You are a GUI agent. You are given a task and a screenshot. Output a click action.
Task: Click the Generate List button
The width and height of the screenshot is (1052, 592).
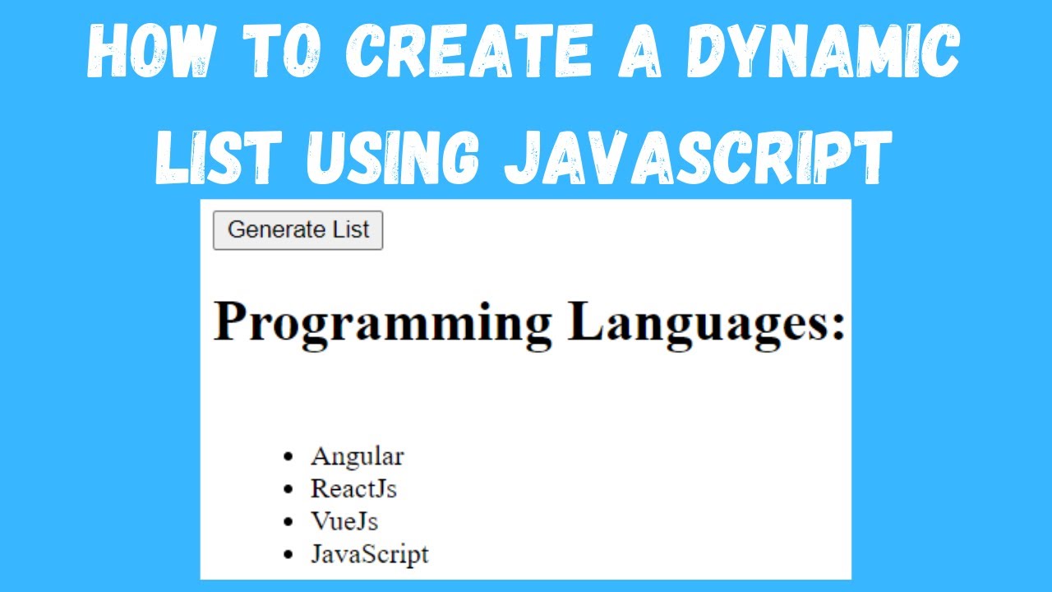coord(298,230)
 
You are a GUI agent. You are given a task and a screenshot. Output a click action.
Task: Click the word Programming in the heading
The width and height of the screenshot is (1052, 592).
coord(383,322)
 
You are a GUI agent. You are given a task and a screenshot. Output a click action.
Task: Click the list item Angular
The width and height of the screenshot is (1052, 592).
coord(357,456)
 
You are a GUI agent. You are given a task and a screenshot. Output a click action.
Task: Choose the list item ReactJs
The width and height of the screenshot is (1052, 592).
coord(353,488)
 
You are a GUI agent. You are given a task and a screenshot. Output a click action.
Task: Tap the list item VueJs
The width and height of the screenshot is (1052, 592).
coord(344,521)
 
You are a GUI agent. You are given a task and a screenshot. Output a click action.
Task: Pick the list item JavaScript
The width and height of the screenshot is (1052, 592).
coord(369,554)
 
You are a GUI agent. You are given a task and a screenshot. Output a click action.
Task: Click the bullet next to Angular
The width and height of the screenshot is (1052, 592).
coord(287,456)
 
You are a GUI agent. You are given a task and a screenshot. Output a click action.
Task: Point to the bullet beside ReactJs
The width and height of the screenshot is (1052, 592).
coord(287,489)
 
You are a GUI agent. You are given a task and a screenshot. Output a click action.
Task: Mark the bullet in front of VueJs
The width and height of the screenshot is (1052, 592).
coord(287,522)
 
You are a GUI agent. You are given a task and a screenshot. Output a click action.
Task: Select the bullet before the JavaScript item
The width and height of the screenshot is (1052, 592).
coord(287,555)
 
